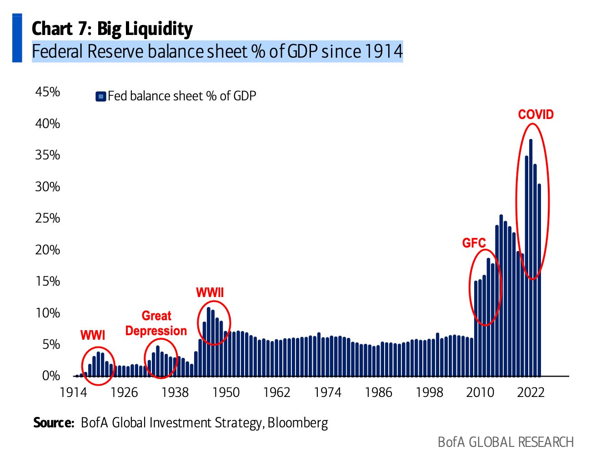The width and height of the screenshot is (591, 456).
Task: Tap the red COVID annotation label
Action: [x=536, y=114]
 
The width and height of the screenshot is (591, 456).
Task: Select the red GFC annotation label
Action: [x=474, y=243]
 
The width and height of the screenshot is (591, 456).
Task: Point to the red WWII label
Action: [x=210, y=292]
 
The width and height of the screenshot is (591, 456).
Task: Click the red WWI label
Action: [x=93, y=335]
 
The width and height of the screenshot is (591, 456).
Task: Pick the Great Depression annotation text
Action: [x=156, y=323]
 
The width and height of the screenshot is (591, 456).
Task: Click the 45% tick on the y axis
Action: [x=48, y=92]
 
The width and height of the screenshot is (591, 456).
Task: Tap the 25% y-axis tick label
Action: [x=48, y=218]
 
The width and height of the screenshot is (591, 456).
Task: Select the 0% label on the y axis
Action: [x=51, y=376]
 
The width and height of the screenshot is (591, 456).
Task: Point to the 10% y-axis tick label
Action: [x=48, y=313]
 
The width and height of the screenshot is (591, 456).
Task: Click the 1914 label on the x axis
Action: [x=74, y=392]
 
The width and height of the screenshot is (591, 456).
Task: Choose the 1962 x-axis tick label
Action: [x=276, y=392]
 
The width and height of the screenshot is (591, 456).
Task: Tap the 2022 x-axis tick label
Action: [x=531, y=392]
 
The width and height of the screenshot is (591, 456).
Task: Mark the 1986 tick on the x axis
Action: [x=378, y=392]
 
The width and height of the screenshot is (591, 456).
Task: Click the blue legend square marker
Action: [x=101, y=96]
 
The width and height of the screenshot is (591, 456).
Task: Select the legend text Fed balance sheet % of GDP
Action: [x=182, y=96]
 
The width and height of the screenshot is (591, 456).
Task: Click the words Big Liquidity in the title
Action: [x=145, y=29]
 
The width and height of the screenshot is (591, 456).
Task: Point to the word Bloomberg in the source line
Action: [x=298, y=423]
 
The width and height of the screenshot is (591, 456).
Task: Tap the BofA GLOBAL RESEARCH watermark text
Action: [x=506, y=442]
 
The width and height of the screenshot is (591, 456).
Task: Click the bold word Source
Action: [x=53, y=423]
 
